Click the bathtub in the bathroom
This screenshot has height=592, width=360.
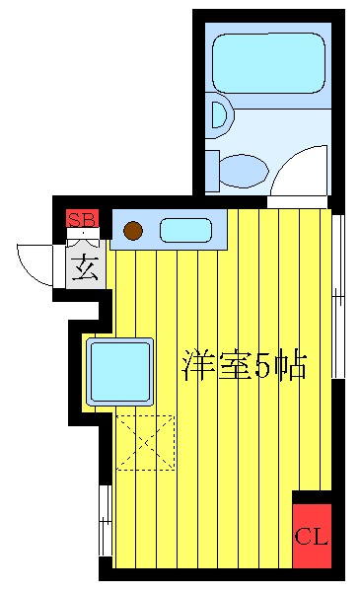click(x=269, y=62)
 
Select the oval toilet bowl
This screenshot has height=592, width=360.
click(x=242, y=170)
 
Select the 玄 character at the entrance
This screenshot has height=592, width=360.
click(x=85, y=268)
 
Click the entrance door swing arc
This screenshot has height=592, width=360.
click(x=35, y=263)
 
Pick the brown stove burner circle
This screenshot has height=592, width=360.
click(x=133, y=232)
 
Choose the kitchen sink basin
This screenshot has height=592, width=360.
click(x=185, y=231)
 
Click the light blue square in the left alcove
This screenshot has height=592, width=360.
click(x=119, y=371)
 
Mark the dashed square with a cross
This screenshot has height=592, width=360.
click(x=146, y=443)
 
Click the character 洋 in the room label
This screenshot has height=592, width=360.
click(x=197, y=366)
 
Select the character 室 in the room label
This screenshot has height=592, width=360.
click(x=232, y=366)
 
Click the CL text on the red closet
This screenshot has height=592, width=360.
click(x=312, y=538)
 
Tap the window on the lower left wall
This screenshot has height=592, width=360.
click(x=105, y=520)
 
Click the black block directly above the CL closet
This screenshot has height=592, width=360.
click(x=312, y=496)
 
